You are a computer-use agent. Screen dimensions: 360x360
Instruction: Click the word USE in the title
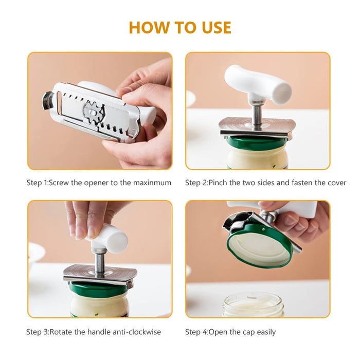pyautogui.click(x=213, y=27)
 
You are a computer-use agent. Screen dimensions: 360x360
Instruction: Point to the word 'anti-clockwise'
pyautogui.click(x=136, y=332)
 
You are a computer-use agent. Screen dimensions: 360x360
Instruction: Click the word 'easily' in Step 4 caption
pyautogui.click(x=263, y=332)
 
